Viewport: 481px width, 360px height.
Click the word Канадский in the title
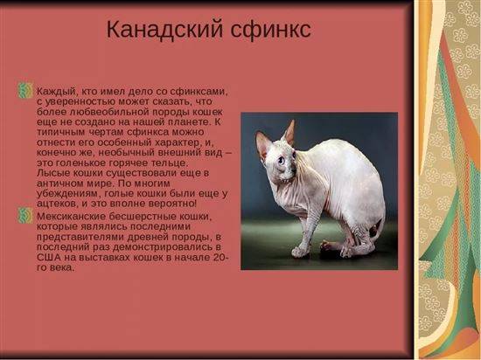pos(164,30)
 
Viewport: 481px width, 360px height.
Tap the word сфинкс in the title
pos(271,30)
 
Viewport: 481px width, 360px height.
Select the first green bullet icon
pos(25,91)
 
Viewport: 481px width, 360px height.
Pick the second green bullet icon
pos(25,215)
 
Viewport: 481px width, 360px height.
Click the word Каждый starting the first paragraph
pos(56,92)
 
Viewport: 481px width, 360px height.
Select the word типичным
pos(60,132)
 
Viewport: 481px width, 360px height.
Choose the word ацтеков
pos(57,204)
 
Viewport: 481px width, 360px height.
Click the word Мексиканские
pos(71,217)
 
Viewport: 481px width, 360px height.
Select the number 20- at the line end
pos(221,258)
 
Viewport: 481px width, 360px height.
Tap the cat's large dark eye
pos(281,160)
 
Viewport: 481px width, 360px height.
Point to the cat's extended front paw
pos(299,252)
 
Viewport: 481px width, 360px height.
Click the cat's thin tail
pos(380,226)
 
